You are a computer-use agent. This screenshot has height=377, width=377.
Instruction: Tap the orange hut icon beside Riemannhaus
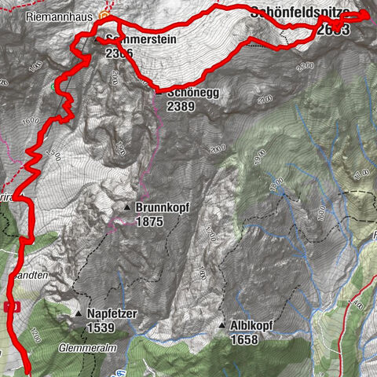click(x=101, y=14)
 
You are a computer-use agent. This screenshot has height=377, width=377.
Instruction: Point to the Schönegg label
click(x=192, y=91)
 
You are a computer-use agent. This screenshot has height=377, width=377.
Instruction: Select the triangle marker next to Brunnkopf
click(x=127, y=207)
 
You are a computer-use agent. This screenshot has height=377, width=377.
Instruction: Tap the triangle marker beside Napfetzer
click(x=79, y=313)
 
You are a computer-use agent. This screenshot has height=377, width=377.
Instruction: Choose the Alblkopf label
click(x=257, y=325)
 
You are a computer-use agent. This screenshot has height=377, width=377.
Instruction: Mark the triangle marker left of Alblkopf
click(x=222, y=325)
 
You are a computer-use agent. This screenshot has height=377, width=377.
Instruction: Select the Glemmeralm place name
click(x=81, y=346)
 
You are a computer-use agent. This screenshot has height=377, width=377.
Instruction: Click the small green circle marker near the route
click(x=54, y=86)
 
